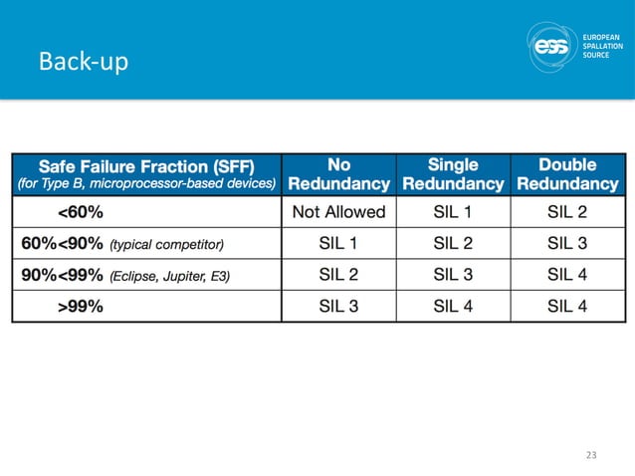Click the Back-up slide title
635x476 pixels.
pos(83,64)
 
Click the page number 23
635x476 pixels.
pos(591,455)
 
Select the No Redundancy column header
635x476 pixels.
pos(338,174)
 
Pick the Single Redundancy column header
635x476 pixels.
pos(452,174)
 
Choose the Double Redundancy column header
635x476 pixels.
pos(566,174)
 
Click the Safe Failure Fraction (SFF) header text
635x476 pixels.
pos(144,164)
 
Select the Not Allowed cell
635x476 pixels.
pos(338,211)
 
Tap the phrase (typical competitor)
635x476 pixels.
pos(167,244)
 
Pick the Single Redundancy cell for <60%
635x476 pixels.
pos(453,211)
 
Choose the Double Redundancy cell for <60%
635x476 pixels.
pos(566,211)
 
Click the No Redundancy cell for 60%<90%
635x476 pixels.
pos(338,243)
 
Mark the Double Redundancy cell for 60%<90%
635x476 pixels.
pos(566,243)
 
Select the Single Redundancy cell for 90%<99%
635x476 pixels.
pos(453,275)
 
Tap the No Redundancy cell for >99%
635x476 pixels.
pos(338,306)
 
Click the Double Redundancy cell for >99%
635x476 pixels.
pos(566,306)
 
